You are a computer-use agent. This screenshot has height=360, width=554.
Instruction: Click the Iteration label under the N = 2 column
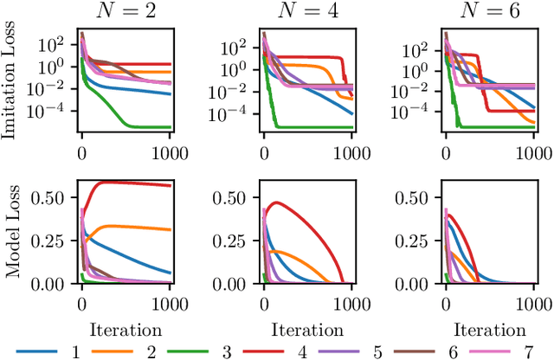point(125,330)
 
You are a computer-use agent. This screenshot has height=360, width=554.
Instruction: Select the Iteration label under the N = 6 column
point(489,330)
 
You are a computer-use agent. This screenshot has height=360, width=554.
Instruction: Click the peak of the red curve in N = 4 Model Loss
point(277,202)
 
